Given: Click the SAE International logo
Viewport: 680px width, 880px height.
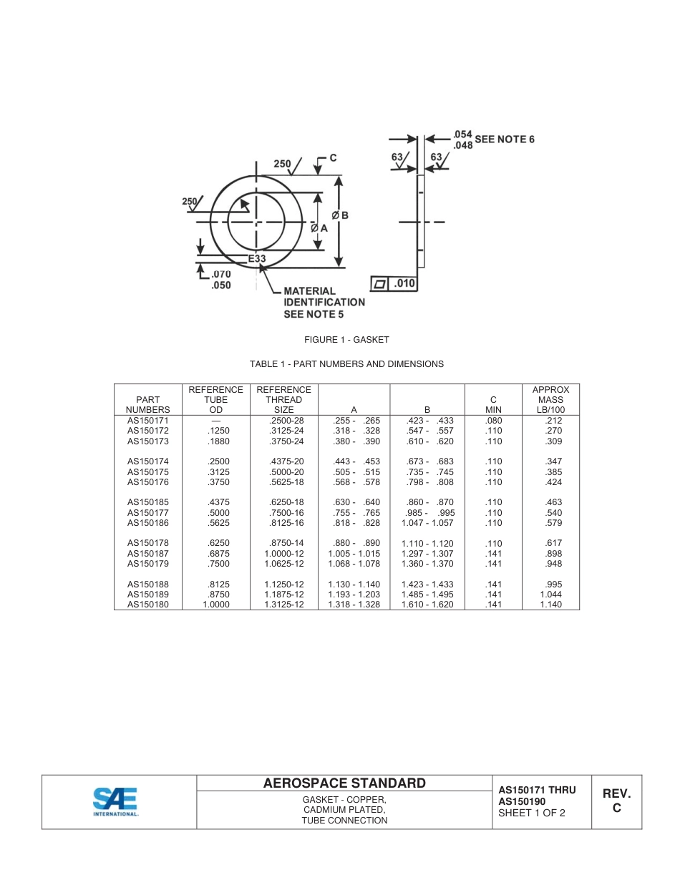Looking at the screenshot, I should point(115,801).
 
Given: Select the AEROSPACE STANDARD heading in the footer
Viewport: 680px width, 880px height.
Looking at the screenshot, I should point(344,783).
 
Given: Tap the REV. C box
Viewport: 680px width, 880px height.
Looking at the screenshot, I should point(616,801).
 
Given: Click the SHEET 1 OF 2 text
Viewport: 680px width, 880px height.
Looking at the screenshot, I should point(532,813).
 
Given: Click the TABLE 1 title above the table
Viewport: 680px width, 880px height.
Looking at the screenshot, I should point(346,364).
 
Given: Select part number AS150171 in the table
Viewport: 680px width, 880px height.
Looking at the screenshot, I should point(147,421).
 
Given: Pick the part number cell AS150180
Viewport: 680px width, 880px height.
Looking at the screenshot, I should point(147,605).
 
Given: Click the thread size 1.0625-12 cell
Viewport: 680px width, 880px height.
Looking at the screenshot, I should point(283,564).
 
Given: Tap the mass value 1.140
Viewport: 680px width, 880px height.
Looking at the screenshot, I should point(550,605).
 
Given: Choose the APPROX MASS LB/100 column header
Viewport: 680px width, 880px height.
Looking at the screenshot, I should point(550,400).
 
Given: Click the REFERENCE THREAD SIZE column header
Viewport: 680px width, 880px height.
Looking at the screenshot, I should point(283,400).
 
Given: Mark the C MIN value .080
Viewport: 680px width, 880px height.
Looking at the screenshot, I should point(493,421).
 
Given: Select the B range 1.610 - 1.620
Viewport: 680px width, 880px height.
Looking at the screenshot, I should point(427,605).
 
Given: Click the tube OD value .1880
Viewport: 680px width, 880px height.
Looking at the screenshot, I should point(215,441).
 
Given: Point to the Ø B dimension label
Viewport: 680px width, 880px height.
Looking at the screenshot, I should point(340,215).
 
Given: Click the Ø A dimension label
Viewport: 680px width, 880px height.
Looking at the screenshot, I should point(319,228).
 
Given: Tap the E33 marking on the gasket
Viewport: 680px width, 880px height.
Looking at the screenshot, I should point(257,259).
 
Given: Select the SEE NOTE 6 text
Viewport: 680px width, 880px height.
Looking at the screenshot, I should point(505,140).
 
